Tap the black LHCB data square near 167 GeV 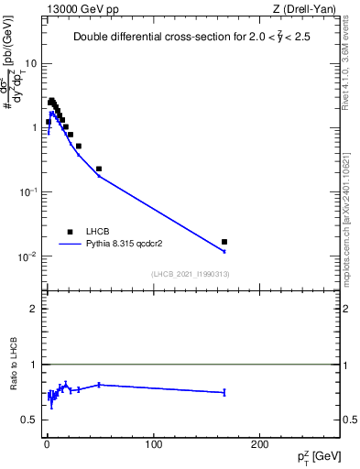[224, 242]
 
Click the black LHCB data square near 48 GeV [99, 169]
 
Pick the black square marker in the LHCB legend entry [70, 232]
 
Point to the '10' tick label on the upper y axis [32, 64]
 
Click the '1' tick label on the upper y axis [35, 128]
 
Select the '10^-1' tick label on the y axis [29, 191]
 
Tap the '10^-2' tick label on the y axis [29, 256]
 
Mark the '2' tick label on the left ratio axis [35, 309]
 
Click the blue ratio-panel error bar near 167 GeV [224, 392]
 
